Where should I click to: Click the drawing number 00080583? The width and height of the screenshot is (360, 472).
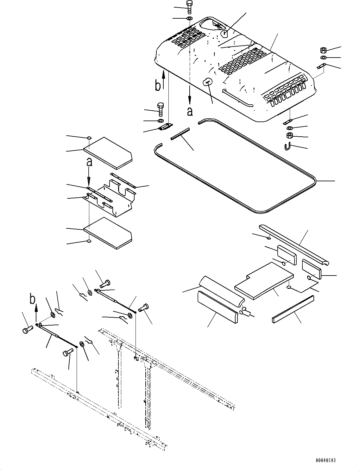pyautogui.click(x=325, y=461)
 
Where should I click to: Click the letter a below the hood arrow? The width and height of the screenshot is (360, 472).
pyautogui.click(x=190, y=111)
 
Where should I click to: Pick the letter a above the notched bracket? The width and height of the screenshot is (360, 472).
pyautogui.click(x=90, y=163)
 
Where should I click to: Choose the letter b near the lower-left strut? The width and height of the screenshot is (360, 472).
pyautogui.click(x=32, y=299)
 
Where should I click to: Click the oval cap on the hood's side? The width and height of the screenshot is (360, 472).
pyautogui.click(x=207, y=82)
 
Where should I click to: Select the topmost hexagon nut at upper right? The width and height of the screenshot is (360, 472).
pyautogui.click(x=324, y=50)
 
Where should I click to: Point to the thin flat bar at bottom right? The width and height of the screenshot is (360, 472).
pyautogui.click(x=293, y=309)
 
